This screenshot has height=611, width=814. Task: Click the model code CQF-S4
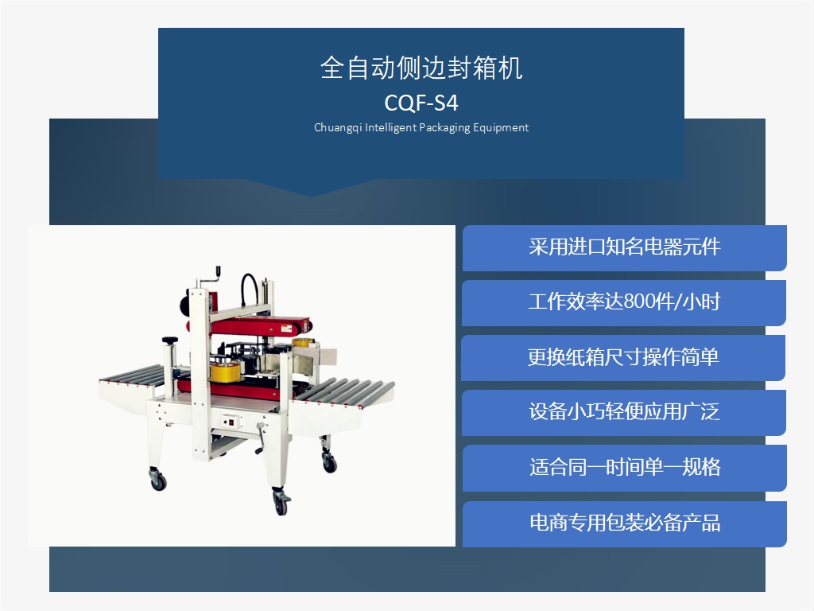point(421,103)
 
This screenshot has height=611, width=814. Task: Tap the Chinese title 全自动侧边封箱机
point(421,68)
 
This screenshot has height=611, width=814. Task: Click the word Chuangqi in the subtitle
point(337,128)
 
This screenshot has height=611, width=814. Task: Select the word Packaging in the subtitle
point(444,128)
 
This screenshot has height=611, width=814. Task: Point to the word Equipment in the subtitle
point(501,128)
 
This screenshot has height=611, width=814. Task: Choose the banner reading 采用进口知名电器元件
point(624,248)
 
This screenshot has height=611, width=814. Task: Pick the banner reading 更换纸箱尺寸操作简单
point(623,357)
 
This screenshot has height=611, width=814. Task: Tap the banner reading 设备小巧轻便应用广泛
point(623,413)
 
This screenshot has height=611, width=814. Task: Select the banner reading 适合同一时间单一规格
point(624,468)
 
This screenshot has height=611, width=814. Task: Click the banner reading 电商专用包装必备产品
point(624,523)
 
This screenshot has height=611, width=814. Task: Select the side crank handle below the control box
point(261,439)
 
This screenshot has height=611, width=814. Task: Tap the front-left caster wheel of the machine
point(157,479)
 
